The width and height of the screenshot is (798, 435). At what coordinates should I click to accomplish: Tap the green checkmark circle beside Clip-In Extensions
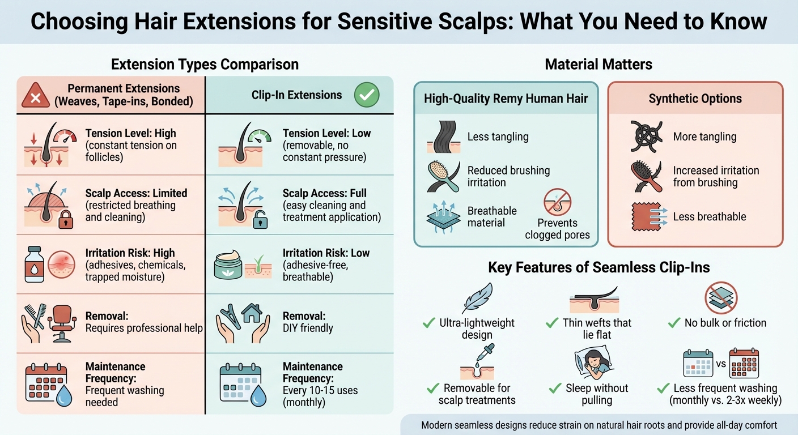coord(367,95)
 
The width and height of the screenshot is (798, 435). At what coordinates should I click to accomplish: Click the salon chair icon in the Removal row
coord(61,321)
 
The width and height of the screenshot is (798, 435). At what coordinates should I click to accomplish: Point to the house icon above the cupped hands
coord(251,313)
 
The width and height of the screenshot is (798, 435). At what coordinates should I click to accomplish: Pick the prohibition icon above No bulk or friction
coord(721,298)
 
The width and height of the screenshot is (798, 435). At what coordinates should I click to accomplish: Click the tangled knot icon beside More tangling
coord(647,136)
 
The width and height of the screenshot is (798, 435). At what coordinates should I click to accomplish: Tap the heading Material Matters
coord(598,65)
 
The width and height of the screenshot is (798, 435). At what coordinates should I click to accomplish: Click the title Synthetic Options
coord(695,99)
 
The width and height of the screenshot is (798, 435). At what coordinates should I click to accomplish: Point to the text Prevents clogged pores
coord(557,229)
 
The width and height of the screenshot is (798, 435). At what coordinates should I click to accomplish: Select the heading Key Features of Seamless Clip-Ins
coord(598,267)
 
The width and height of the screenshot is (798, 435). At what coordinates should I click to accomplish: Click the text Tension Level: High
coord(131,134)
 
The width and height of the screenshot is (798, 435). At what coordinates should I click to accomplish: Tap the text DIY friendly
coord(308,328)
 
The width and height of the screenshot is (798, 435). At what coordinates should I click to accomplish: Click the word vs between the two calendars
coord(721,364)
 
